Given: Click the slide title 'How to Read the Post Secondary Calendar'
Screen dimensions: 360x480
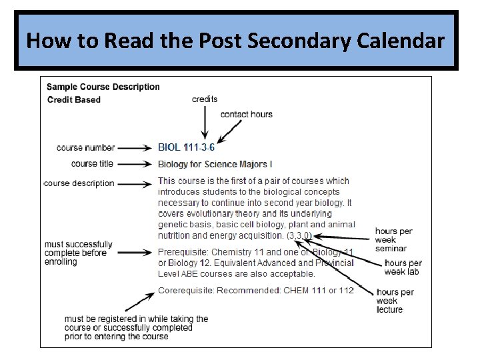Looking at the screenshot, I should point(235,41).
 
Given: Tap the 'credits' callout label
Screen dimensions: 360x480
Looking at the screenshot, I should point(205,99).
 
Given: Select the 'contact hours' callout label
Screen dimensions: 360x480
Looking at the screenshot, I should point(246,114).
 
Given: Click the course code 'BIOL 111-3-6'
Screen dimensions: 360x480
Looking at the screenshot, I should point(186,148).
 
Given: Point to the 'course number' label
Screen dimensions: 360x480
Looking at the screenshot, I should point(85,148).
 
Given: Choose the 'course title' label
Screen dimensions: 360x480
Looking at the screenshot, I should point(92,164).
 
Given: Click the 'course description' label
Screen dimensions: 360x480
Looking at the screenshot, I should point(79,183).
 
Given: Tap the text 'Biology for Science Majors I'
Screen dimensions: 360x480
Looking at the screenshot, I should point(215,164).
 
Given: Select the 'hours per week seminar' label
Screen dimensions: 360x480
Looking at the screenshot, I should point(393,240).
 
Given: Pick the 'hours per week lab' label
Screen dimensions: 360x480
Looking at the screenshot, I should point(403,267).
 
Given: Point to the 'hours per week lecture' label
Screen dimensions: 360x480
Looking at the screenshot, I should point(395,301).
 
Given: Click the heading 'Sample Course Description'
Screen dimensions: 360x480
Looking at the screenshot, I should point(103,87).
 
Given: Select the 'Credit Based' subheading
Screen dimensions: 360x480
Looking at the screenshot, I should point(74,100).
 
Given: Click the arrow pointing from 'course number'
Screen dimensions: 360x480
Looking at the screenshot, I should point(136,148).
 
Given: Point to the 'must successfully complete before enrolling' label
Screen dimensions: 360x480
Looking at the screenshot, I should point(79,253).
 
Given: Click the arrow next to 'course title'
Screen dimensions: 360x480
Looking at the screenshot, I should point(136,164).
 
